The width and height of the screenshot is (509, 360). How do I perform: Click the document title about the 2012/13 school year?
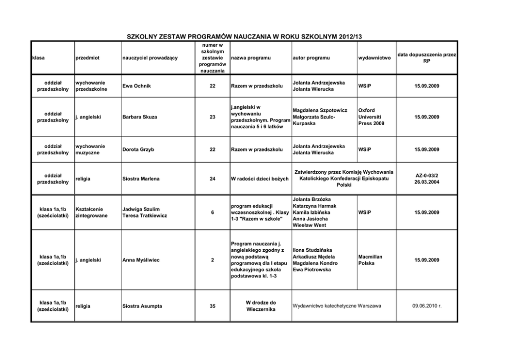coord(244,36)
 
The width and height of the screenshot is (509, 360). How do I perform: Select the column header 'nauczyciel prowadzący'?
coord(150,58)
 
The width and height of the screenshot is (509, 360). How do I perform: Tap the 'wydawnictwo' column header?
coord(375,58)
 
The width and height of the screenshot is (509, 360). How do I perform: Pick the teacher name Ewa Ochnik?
coord(137,86)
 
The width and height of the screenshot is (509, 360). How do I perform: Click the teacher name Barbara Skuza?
coord(140,117)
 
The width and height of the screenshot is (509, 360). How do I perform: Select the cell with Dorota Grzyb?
coord(138,149)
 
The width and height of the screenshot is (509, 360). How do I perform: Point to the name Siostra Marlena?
coord(141,178)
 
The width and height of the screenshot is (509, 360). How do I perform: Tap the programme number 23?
coord(212,117)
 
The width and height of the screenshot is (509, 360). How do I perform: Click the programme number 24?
coord(212,178)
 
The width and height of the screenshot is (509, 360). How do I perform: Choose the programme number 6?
coord(212,212)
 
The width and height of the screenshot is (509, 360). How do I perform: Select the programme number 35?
coord(212,306)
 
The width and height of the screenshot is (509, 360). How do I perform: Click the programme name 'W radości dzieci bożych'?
coord(261,178)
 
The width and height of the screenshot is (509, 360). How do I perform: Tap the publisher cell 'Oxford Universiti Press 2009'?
coord(371,117)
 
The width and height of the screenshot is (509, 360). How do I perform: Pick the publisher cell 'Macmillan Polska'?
coord(370,259)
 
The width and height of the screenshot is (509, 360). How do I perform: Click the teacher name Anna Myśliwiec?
coord(141,260)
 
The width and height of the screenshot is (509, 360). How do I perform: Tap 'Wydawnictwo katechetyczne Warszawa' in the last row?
coord(337,306)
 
